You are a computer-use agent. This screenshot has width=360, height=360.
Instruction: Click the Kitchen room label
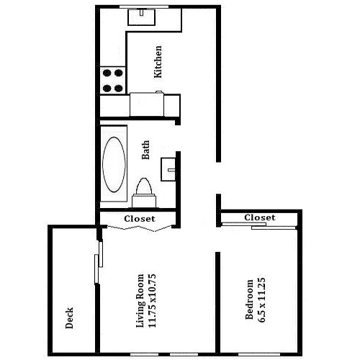[x=158, y=62]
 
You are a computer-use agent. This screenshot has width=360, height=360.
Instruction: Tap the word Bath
[x=145, y=150]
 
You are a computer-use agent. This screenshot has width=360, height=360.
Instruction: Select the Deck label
[x=69, y=318]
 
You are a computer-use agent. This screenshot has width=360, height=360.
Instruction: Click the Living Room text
[x=140, y=301]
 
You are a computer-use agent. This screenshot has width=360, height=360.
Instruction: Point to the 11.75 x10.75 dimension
[x=153, y=301]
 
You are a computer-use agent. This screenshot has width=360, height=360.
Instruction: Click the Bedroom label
[x=250, y=300]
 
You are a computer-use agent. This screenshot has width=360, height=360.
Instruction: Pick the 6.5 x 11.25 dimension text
[x=261, y=300]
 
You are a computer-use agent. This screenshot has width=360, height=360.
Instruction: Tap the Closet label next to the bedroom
[x=260, y=217]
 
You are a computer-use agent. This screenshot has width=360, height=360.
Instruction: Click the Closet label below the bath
[x=140, y=219]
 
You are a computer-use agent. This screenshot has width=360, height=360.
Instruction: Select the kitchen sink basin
[x=142, y=17]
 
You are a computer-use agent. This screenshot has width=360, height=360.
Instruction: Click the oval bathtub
[x=114, y=164]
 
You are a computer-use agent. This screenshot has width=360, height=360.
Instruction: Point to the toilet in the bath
[x=144, y=194]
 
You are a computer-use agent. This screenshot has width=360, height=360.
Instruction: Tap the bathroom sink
[x=168, y=169]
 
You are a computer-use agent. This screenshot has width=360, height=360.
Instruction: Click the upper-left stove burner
[x=107, y=73]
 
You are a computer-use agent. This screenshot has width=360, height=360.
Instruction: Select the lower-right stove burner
[x=119, y=89]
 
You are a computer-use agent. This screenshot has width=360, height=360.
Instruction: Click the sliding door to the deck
[x=99, y=261]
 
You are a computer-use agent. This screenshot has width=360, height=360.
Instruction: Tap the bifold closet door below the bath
[x=140, y=228]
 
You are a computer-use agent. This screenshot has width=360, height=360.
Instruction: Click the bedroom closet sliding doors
[x=258, y=226]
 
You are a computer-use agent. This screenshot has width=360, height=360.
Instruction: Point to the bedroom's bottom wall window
[x=259, y=354]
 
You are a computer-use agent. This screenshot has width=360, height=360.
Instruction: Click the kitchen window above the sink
[x=144, y=6]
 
